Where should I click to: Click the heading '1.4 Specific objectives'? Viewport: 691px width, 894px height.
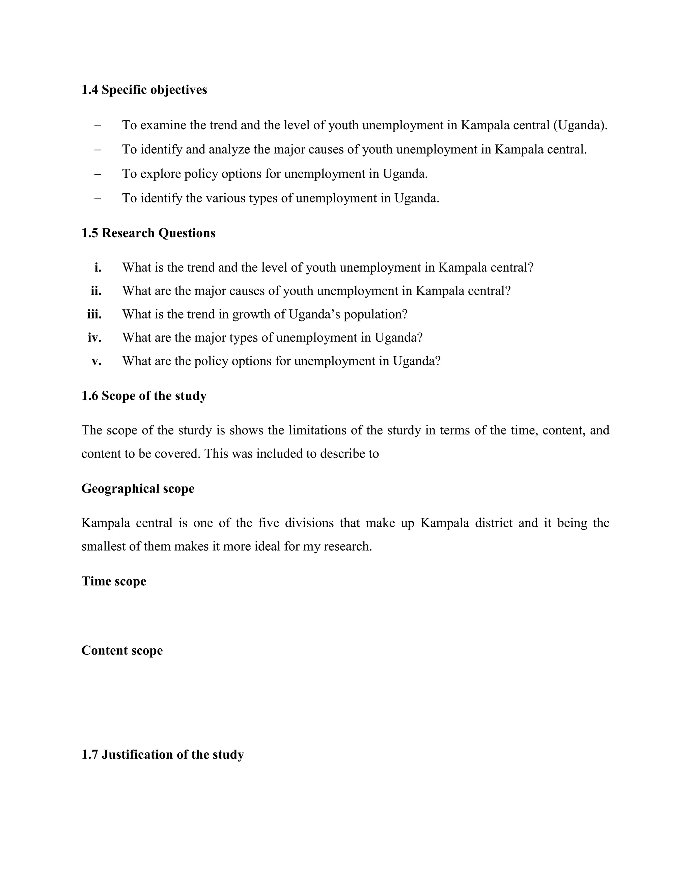(144, 90)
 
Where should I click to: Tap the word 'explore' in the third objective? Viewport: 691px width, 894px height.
(160, 174)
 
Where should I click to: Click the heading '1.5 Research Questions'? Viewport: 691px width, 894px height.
(148, 233)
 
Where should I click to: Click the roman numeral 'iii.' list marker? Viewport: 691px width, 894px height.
(94, 314)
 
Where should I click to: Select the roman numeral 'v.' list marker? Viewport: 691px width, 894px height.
(96, 361)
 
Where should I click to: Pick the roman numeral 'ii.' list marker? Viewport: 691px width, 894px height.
(96, 291)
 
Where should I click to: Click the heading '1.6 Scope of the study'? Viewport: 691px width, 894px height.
(144, 396)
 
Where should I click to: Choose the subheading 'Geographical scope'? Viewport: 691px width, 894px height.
(138, 489)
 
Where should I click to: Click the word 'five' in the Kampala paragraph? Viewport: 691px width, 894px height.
(268, 523)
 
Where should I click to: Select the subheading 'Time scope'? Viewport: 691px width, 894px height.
(113, 581)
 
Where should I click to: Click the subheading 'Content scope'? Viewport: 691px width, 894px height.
(122, 650)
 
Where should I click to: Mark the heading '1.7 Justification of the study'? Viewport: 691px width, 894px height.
(163, 754)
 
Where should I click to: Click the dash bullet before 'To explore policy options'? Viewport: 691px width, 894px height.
(98, 174)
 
